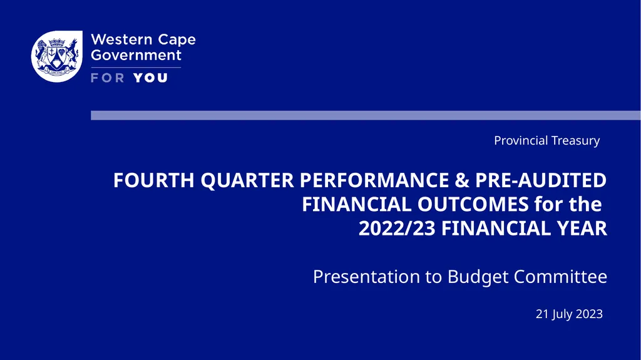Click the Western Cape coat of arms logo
[x=57, y=57]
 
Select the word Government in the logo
[x=136, y=55]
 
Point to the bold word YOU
[x=150, y=78]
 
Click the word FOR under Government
[x=108, y=78]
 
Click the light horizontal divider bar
[x=366, y=115]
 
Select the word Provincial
[x=521, y=141]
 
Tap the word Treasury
[x=575, y=141]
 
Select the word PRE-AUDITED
[x=541, y=181]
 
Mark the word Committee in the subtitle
[x=561, y=277]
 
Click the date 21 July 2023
[x=569, y=314]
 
